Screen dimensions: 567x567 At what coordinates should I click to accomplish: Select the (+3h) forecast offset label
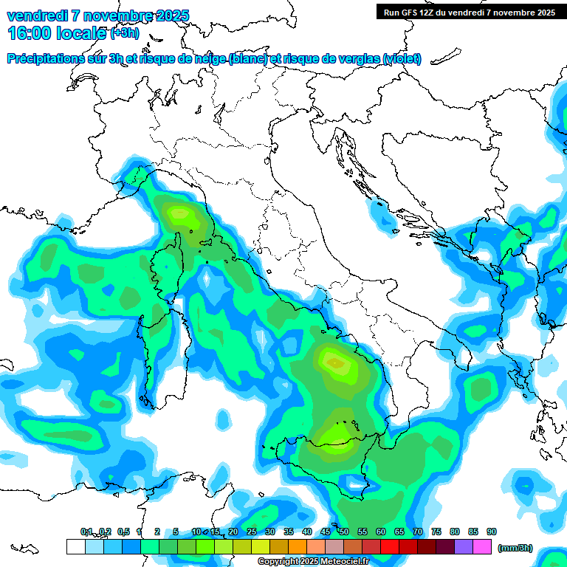point(124,33)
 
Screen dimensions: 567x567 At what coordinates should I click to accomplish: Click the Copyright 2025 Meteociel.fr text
point(313,562)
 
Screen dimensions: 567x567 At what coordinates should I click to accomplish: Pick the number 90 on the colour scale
point(492,532)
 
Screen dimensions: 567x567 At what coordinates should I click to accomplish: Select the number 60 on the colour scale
point(381,532)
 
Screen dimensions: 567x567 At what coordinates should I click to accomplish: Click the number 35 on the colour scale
point(289,532)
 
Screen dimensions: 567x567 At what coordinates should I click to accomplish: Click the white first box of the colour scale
point(75,546)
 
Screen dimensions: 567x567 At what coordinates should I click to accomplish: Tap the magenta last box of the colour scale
point(482,546)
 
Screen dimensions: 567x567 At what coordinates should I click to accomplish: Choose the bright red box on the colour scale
point(390,546)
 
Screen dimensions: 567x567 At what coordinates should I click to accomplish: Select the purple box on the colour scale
point(464,546)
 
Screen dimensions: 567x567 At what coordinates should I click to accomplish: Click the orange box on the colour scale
point(298,546)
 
